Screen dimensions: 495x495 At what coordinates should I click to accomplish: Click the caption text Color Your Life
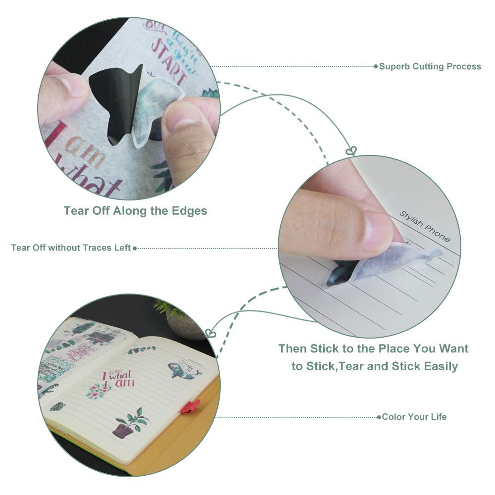[414, 417]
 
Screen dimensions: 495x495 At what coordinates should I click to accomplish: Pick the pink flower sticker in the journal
[99, 391]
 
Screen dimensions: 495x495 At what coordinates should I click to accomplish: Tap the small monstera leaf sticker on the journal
[57, 407]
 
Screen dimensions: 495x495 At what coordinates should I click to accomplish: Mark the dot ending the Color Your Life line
[379, 417]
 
